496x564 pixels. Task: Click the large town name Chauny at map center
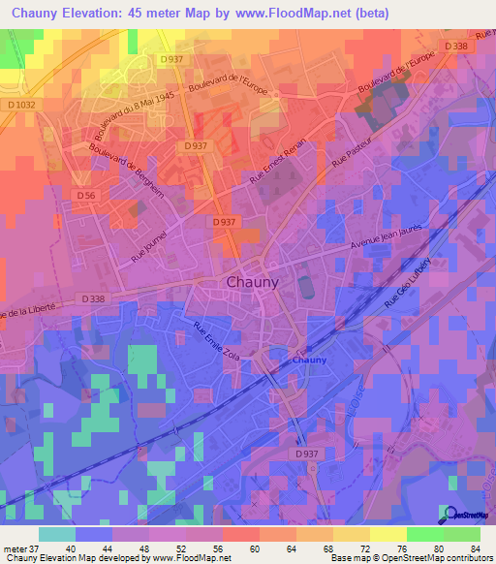(x=252, y=282)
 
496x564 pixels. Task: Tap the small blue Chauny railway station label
(x=310, y=360)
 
